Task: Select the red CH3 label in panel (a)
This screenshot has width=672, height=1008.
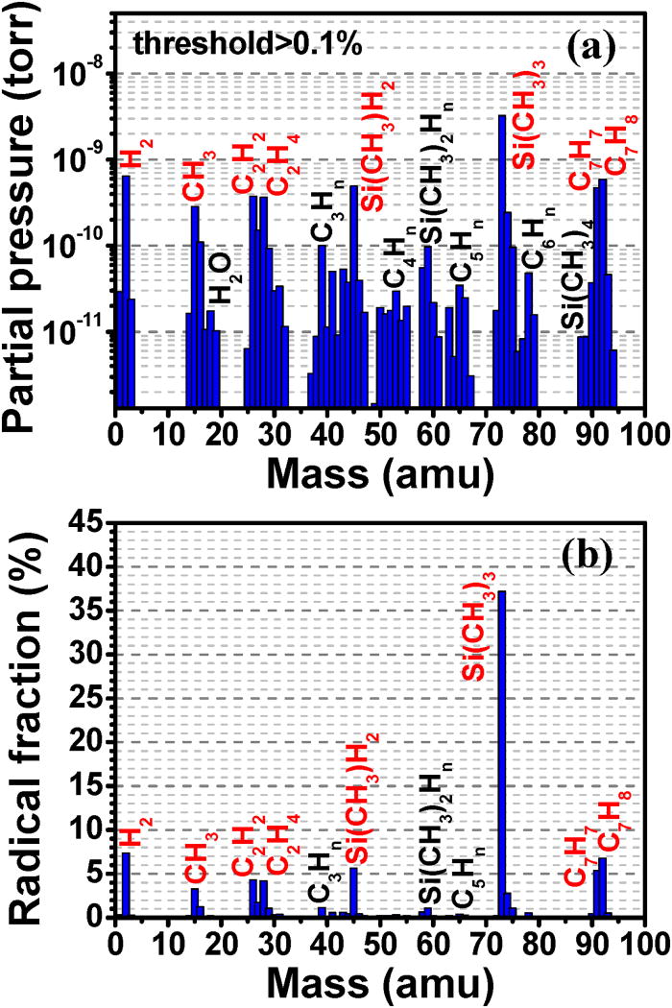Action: tap(195, 173)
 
